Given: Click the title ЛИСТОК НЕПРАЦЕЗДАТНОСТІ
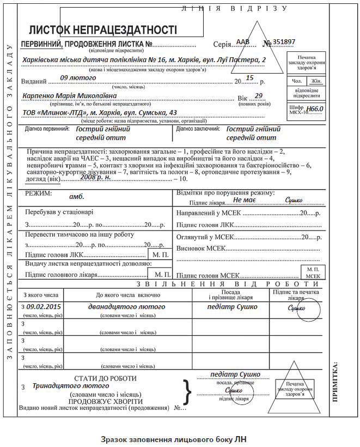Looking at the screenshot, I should (103, 29).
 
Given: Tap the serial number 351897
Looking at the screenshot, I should (284, 42).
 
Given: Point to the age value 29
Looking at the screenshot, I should (259, 96).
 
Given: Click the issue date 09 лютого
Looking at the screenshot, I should (78, 78).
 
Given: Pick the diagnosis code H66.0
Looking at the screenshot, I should (315, 109).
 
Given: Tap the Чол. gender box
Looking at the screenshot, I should (296, 81).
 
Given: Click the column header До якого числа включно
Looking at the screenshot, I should (128, 295).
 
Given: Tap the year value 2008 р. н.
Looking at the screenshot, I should (95, 177).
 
